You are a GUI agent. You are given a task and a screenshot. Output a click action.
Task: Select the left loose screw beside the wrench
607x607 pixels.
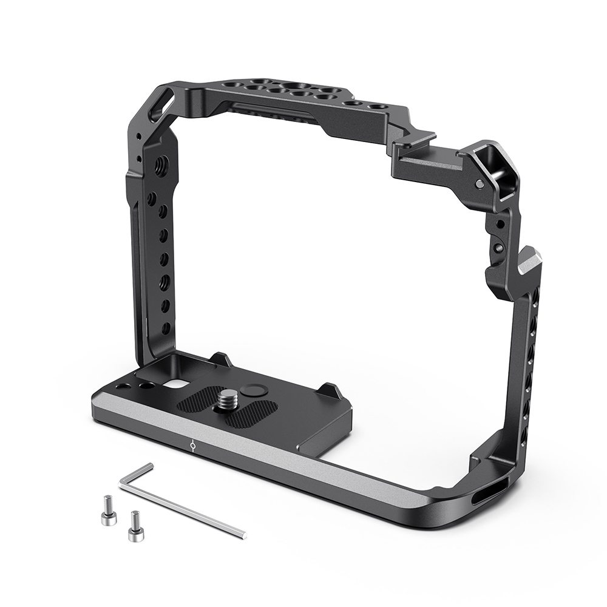[x=106, y=509]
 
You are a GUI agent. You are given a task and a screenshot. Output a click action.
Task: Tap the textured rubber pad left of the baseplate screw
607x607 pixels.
[x=197, y=400]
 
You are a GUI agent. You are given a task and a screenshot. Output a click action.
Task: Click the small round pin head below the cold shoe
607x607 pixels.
[x=480, y=184]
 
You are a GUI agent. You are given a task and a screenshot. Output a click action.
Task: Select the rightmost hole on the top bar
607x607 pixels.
[x=377, y=106]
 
